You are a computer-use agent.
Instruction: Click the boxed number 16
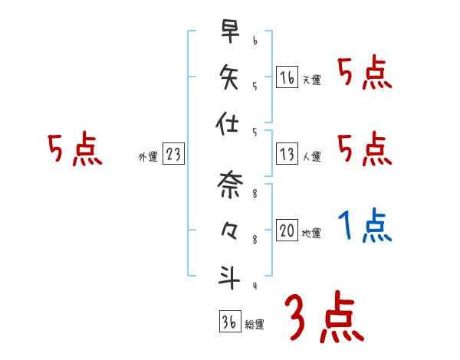click(x=287, y=77)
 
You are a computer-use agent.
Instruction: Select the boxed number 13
click(x=287, y=154)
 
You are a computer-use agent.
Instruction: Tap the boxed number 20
click(x=287, y=231)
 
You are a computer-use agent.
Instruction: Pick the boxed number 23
click(x=173, y=154)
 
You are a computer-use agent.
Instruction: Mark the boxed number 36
click(x=229, y=322)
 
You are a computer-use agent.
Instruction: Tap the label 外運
click(x=148, y=156)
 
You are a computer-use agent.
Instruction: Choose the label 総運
click(x=255, y=324)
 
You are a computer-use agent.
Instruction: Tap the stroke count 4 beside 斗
click(x=255, y=286)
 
